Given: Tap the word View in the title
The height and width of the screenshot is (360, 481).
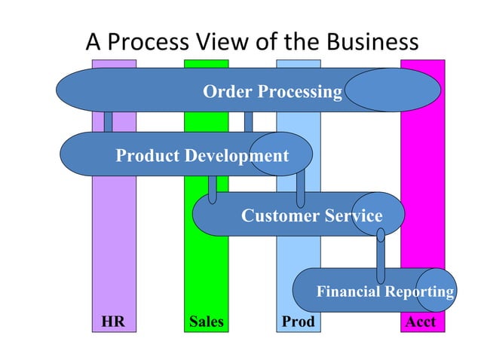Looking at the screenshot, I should coord(230,42).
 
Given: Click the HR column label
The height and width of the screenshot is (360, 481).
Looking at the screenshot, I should coord(113,322).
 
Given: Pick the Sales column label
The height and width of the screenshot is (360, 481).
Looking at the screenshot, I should coord(206,322).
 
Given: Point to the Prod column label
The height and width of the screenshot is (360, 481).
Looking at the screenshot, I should coord(298,322).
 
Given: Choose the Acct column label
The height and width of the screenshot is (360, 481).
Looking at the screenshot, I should coord(421,322).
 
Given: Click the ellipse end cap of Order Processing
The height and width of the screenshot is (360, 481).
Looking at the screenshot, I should coord(392,90).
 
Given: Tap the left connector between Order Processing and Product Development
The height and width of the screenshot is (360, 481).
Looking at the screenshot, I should coord(108,122).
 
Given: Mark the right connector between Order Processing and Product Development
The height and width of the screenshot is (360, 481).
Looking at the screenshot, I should coord(248,122).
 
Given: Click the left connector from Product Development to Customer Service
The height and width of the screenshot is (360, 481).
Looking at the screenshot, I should coord(212,188).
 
